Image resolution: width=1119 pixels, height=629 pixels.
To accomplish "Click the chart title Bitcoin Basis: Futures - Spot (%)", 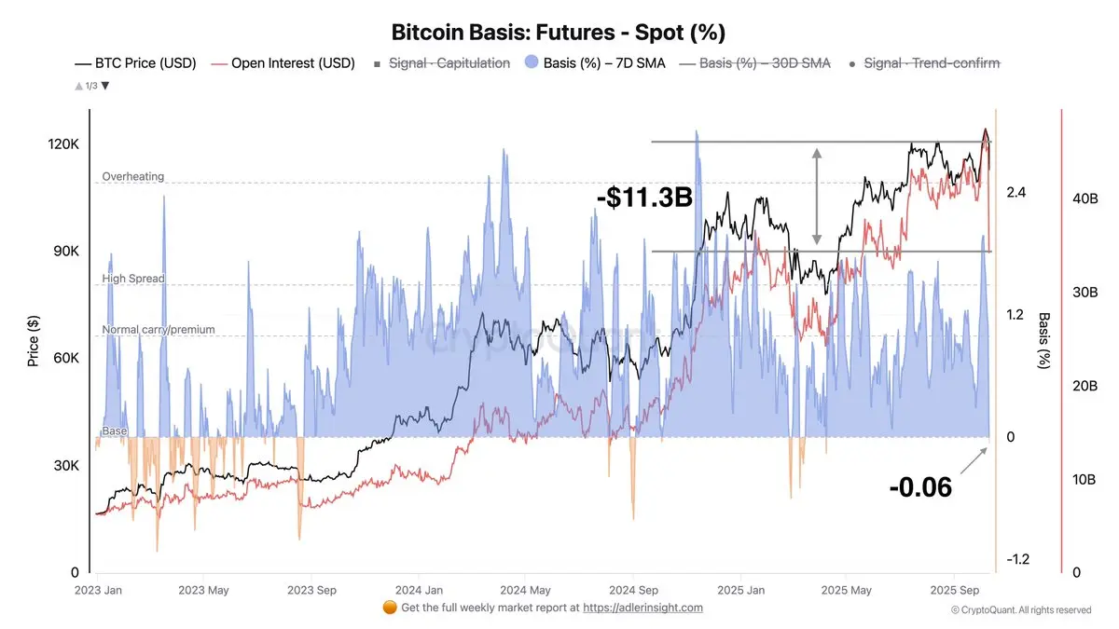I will (559, 32).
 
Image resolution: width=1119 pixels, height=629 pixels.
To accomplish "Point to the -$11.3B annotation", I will (644, 198).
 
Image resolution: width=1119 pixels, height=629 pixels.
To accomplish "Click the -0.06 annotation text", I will (920, 486).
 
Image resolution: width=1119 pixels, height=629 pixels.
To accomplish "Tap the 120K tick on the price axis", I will (62, 145).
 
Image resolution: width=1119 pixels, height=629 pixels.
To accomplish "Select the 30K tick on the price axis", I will (62, 466).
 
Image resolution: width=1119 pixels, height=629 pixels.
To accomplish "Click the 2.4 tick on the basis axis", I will (1015, 193).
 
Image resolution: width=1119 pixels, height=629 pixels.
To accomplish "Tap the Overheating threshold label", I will (133, 176).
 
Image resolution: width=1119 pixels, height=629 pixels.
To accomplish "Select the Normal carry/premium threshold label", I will (159, 329).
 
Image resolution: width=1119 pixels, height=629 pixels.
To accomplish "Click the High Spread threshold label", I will (133, 279).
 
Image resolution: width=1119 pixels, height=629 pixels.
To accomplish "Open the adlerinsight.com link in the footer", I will (643, 608).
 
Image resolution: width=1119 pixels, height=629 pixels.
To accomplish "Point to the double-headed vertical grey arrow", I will (817, 196).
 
